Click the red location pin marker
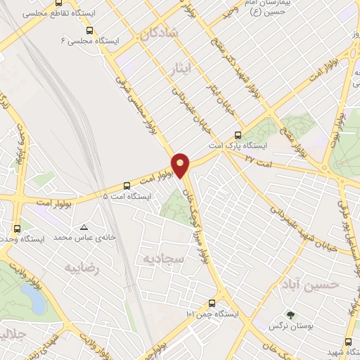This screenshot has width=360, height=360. pyautogui.click(x=181, y=164)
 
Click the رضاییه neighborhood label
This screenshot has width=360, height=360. pyautogui.click(x=82, y=268)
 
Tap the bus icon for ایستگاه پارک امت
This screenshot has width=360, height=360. pyautogui.click(x=238, y=134)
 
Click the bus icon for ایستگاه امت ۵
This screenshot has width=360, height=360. pyautogui.click(x=127, y=186)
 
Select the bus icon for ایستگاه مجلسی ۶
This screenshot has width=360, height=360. pyautogui.click(x=89, y=30)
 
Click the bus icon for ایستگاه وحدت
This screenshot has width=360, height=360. pyautogui.click(x=18, y=228)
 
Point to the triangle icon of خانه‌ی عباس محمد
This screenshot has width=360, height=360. pyautogui.click(x=84, y=227)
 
